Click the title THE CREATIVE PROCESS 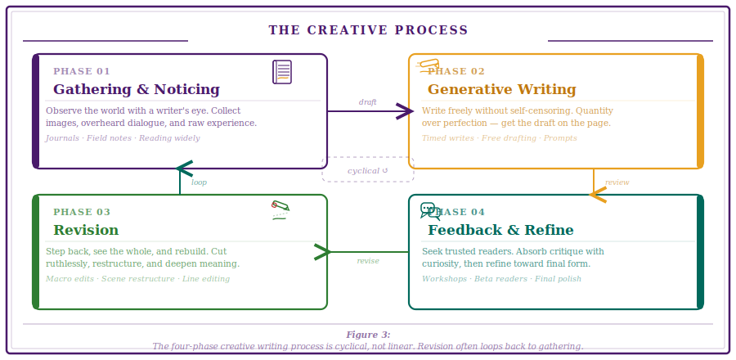click(x=368, y=30)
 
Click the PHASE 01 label click(x=82, y=71)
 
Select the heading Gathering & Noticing click(x=137, y=90)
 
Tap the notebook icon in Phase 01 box click(x=282, y=72)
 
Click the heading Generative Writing click(x=501, y=90)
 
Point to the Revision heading click(x=86, y=231)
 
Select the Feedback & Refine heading click(x=500, y=231)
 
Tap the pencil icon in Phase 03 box click(x=280, y=207)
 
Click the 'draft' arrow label click(x=367, y=102)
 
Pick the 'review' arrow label click(x=617, y=182)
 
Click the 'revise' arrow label click(x=368, y=261)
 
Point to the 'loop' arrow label click(x=199, y=182)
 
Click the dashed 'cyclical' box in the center click(x=368, y=170)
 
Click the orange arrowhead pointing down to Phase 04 click(x=597, y=195)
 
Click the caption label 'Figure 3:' click(x=368, y=335)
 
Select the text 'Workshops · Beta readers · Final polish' click(x=501, y=279)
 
